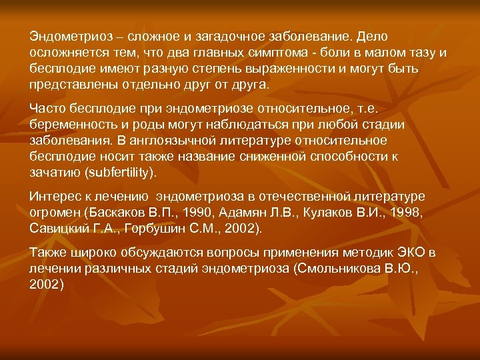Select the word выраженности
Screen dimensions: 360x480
[247, 69]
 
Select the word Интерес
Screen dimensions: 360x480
[55, 196]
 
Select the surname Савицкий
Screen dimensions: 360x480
[61, 229]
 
